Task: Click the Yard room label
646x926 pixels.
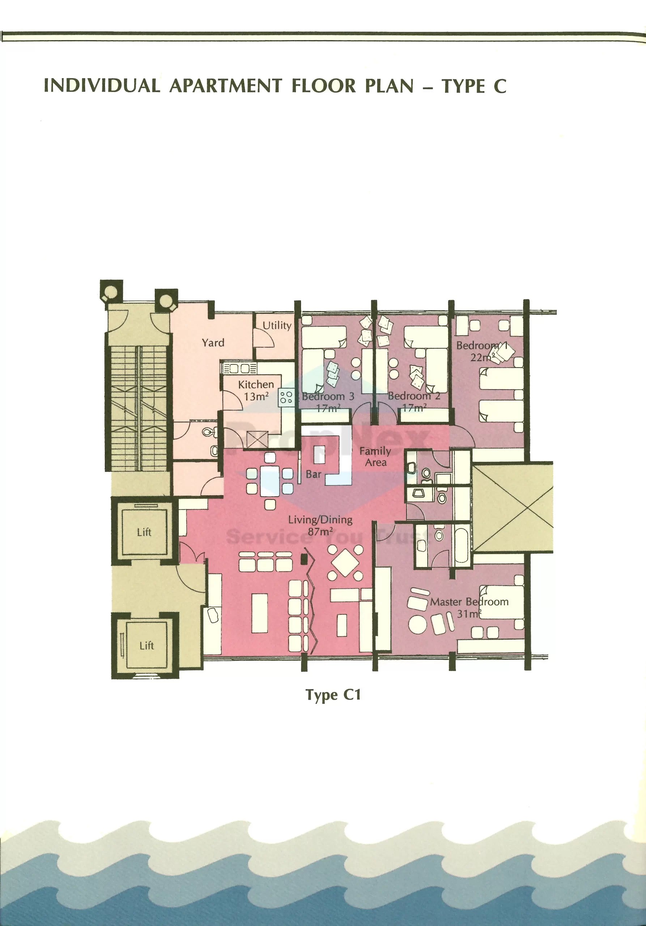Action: click(213, 343)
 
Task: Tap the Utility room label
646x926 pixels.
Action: click(277, 326)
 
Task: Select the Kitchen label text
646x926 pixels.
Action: click(256, 385)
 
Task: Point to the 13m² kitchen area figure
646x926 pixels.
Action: click(256, 397)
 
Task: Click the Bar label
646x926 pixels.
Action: click(313, 474)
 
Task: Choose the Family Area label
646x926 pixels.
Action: click(375, 456)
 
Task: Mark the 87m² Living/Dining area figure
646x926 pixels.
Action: click(320, 532)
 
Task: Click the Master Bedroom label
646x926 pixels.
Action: click(469, 602)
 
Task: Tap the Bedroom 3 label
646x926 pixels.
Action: click(328, 396)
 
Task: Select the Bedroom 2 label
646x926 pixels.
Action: click(414, 396)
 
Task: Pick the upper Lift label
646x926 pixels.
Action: click(144, 532)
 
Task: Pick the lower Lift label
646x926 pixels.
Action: click(146, 646)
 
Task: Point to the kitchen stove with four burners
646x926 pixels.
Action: click(286, 397)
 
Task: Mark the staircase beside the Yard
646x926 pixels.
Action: click(139, 407)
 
